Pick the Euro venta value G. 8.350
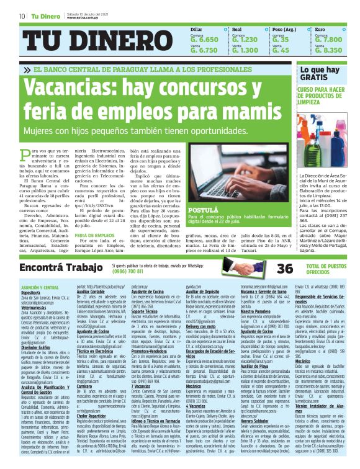coord(328,50)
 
